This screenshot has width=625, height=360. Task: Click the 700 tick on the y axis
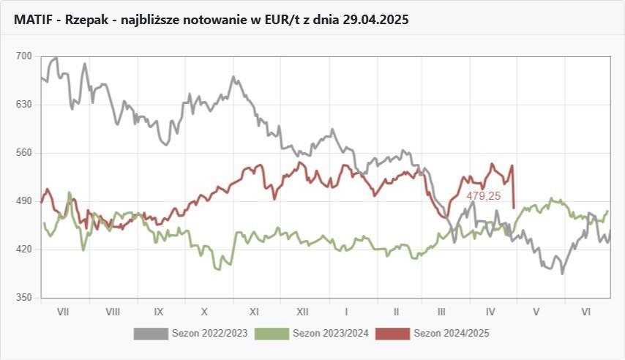click(x=24, y=56)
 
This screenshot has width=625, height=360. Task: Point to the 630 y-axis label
click(x=24, y=105)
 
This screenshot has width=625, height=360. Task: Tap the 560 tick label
click(x=24, y=153)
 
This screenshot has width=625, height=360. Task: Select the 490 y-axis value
click(x=24, y=201)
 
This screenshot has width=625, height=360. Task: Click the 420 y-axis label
click(x=24, y=250)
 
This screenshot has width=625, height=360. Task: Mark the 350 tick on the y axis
click(x=24, y=298)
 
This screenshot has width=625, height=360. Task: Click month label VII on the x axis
click(x=63, y=312)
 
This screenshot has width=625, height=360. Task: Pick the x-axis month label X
click(x=205, y=312)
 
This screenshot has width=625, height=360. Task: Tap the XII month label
click(x=302, y=312)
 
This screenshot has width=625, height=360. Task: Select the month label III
click(x=442, y=312)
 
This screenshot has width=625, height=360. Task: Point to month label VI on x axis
click(x=586, y=312)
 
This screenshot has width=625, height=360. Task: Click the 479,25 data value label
click(x=484, y=196)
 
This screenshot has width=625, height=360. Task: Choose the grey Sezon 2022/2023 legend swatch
click(x=150, y=334)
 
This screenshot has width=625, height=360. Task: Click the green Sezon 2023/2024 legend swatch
click(x=272, y=334)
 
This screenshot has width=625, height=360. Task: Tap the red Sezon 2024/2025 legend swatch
click(x=392, y=334)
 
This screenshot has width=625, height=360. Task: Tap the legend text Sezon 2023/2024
click(x=330, y=334)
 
